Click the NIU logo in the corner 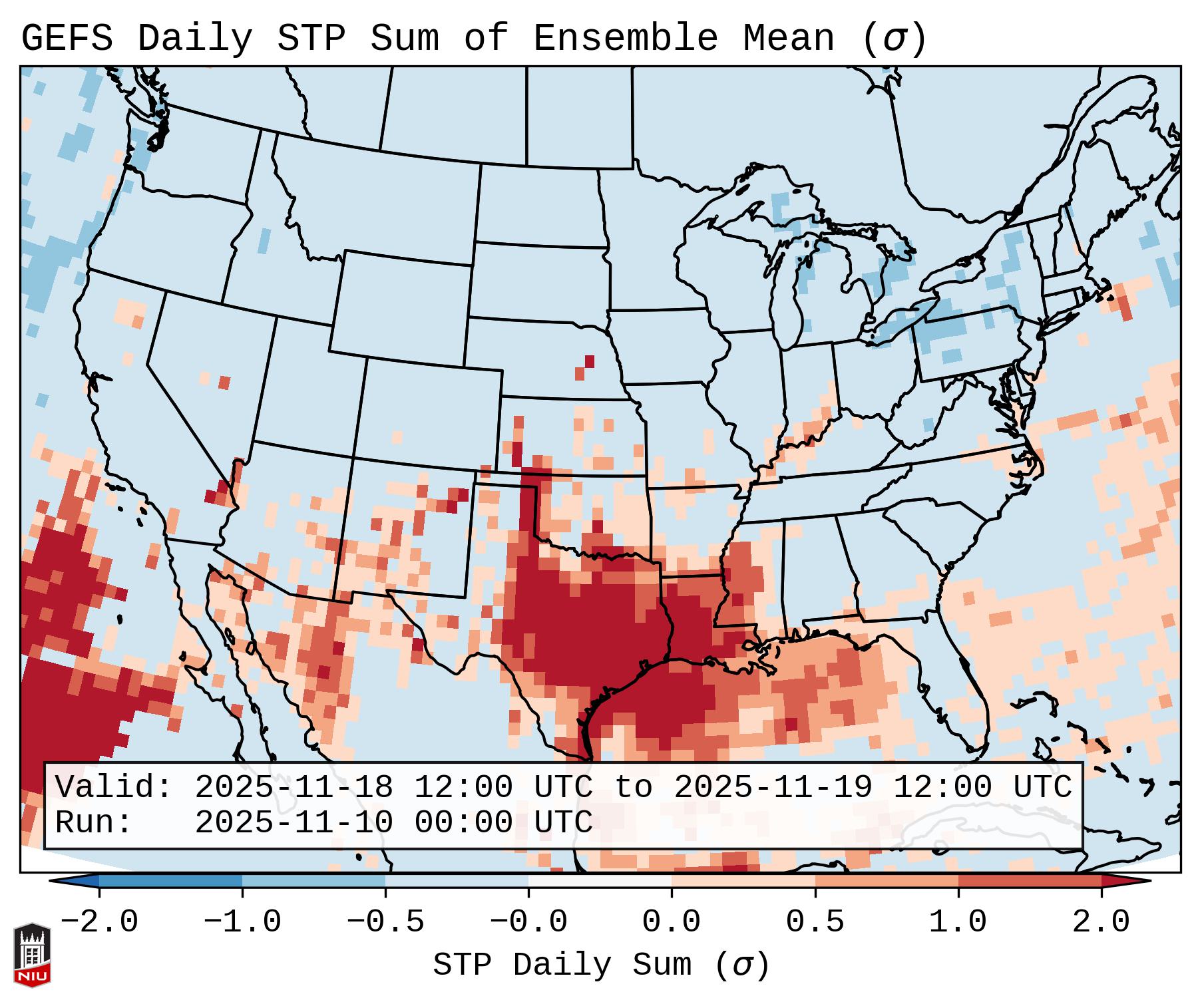32,954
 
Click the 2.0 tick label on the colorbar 1101,922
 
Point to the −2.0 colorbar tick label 99,922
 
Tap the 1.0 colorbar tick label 958,922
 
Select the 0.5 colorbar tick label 815,922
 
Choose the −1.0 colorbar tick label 242,922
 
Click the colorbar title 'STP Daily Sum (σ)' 601,965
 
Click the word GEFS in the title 67,38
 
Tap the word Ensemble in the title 626,38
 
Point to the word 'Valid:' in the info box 114,787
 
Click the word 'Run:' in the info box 94,822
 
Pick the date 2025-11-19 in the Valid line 773,787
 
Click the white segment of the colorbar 600,881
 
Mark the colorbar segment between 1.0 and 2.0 1029,881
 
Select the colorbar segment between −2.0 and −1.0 170,881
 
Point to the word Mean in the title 789,38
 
